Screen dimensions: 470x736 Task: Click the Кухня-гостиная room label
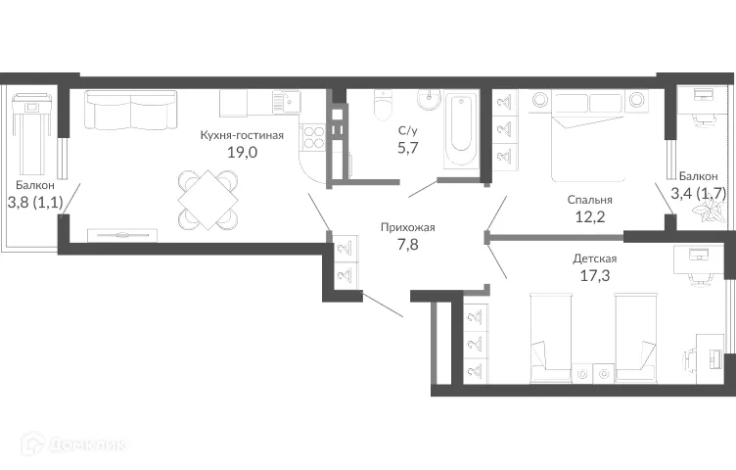[241, 135]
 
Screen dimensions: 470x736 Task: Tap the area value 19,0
[241, 152]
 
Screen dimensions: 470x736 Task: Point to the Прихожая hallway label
[407, 227]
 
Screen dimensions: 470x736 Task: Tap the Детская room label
[595, 258]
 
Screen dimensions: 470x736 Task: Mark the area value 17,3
[595, 275]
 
